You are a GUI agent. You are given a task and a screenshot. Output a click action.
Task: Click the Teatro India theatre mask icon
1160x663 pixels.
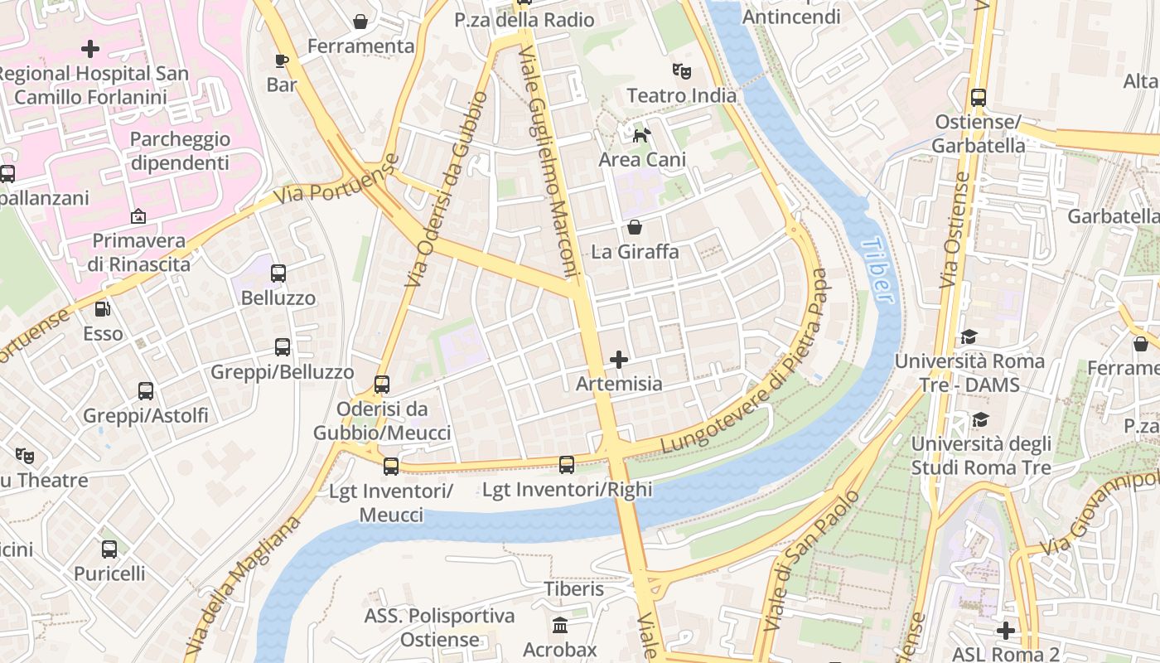pos(681,71)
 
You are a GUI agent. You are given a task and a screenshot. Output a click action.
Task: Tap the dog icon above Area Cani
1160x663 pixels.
pos(641,134)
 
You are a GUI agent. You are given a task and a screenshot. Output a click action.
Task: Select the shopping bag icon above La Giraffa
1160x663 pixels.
pos(635,226)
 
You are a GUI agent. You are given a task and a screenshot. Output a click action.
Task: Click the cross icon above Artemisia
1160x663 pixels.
pos(618,360)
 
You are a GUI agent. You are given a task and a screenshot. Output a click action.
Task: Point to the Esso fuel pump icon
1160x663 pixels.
pos(103,309)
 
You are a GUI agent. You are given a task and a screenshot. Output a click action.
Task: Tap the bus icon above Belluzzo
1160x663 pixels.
pos(278,273)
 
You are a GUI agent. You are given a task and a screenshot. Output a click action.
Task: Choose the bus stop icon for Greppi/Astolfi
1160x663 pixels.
pos(146,390)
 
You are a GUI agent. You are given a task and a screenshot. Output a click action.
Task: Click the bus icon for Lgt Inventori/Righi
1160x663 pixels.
pos(567,465)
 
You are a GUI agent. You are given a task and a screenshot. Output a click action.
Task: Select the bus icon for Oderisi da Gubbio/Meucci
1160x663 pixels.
pos(381,385)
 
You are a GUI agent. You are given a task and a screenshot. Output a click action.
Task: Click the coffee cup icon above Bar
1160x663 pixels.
pos(282,60)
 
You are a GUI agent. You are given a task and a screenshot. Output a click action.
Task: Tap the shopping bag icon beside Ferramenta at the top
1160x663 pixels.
pos(360,22)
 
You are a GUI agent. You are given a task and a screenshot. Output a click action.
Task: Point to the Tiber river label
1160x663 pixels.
pos(877,270)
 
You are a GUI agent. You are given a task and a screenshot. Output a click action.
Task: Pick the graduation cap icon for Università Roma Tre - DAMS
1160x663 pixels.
pos(969,336)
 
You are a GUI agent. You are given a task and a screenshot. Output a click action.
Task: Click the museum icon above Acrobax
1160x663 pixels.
pos(560,625)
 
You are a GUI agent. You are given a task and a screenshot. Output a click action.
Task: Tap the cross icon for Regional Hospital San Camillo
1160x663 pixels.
pos(90,49)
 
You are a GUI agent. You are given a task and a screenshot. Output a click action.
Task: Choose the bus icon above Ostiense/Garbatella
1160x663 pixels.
pos(978,97)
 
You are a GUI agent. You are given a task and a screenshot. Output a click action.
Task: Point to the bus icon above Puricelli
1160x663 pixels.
pos(109,549)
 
